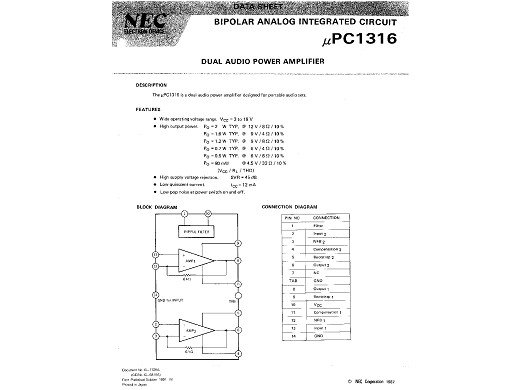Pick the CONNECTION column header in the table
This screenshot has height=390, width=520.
(325, 217)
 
